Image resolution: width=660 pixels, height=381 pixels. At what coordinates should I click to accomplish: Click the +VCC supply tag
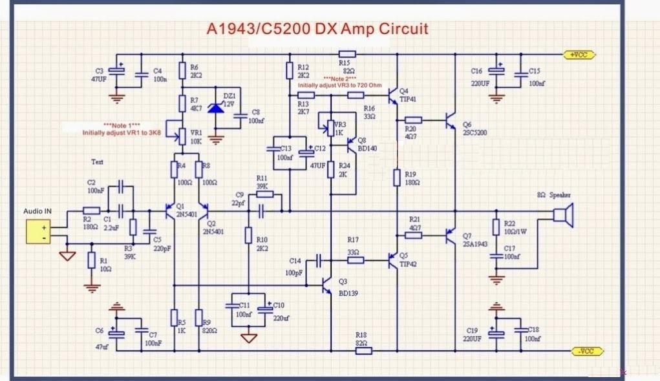pyautogui.click(x=582, y=55)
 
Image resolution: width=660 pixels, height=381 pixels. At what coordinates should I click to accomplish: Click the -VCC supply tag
pyautogui.click(x=585, y=351)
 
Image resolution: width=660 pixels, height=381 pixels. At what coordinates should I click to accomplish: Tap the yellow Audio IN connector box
pyautogui.click(x=39, y=232)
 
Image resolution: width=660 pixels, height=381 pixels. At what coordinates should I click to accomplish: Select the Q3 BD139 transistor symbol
pyautogui.click(x=326, y=285)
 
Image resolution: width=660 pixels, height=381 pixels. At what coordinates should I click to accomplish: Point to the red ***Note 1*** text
pyautogui.click(x=122, y=125)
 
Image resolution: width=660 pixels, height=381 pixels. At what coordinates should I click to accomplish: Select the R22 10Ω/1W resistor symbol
pyautogui.click(x=496, y=227)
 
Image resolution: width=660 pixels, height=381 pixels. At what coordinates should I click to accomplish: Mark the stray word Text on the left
pyautogui.click(x=97, y=162)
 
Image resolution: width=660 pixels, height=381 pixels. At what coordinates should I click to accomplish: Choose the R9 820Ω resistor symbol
pyautogui.click(x=199, y=318)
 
